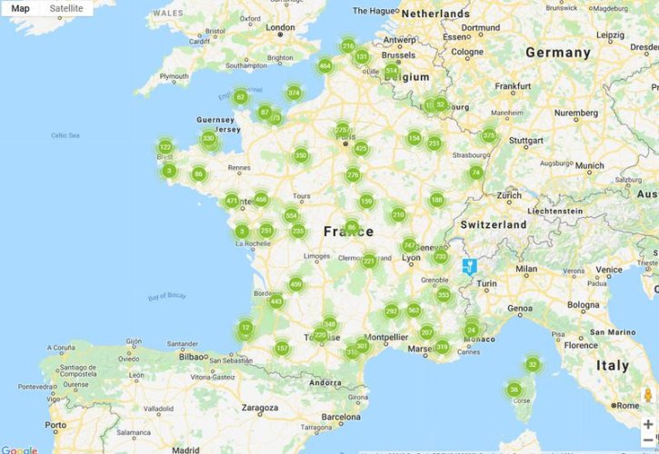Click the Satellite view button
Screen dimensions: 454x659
click(x=66, y=8)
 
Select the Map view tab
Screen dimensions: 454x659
click(x=20, y=8)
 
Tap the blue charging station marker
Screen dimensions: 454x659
click(x=469, y=266)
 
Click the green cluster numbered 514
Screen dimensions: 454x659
click(x=392, y=71)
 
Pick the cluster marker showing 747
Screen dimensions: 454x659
click(x=409, y=246)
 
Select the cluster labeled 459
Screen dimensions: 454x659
click(x=295, y=284)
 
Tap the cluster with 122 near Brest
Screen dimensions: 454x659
click(x=165, y=147)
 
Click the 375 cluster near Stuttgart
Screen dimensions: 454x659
click(x=489, y=136)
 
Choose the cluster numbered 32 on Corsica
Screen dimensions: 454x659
click(x=533, y=365)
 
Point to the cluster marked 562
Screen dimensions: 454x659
click(x=414, y=310)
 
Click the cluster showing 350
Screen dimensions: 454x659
click(x=301, y=156)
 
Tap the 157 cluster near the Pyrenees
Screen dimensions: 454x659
click(x=282, y=349)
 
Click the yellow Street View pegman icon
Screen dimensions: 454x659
click(x=648, y=395)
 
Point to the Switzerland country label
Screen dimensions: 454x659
click(x=494, y=224)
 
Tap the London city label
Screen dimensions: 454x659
click(x=280, y=27)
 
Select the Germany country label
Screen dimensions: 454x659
click(x=558, y=53)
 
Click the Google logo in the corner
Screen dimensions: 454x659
click(x=19, y=449)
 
